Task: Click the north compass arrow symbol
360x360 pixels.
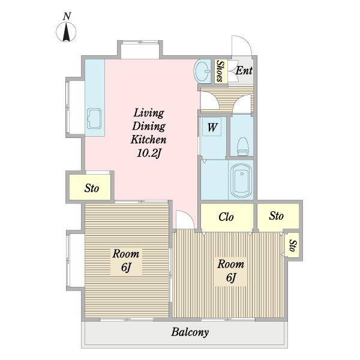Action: (66, 32)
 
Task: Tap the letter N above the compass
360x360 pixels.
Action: (67, 16)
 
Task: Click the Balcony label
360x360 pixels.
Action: (190, 332)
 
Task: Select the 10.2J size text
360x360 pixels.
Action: (149, 153)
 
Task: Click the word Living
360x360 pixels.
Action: (149, 113)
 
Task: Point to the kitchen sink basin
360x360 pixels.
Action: (94, 118)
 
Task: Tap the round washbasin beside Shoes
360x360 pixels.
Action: (202, 71)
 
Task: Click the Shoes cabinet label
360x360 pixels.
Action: (220, 71)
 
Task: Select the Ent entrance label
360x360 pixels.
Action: (244, 70)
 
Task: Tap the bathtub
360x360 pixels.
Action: (241, 181)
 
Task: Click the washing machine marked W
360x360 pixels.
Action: (212, 127)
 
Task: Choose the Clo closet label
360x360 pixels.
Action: (226, 217)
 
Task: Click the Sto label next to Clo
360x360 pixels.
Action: (277, 216)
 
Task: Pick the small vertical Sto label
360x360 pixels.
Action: (293, 245)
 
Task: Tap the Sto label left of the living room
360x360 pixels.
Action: (92, 188)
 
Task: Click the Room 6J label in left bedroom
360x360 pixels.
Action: (126, 260)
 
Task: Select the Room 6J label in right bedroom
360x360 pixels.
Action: (231, 271)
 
